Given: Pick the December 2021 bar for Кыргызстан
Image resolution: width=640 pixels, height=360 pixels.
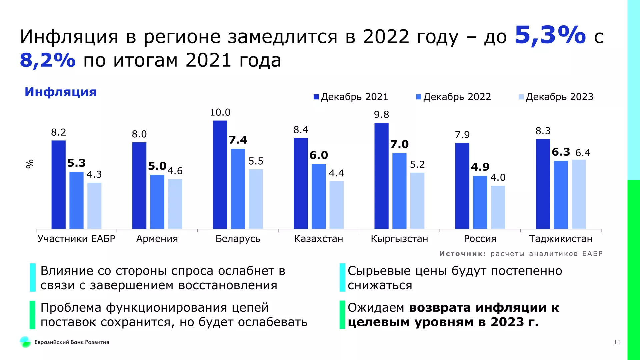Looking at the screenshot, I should coord(381,176).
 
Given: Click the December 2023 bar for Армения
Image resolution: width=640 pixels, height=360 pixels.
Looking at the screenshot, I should coord(175,204).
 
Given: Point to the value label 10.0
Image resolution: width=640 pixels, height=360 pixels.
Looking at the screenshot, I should coord(220,113).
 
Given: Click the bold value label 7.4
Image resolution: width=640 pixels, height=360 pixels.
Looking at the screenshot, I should coord(238,140).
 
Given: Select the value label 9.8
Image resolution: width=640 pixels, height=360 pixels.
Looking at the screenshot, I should coord(381,115).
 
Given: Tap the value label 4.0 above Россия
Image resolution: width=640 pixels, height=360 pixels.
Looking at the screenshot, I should coord(498,178).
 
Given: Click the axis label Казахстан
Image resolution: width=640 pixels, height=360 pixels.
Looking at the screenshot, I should coord(318,239).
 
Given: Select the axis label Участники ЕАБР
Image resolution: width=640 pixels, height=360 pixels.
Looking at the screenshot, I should coord(76,239).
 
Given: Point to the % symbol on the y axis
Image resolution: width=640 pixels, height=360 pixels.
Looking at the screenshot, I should coord(30,164).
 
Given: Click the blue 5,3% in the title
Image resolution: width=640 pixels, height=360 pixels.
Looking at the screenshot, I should coord(550,35).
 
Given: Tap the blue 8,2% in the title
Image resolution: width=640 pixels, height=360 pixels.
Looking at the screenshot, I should coord(48,60).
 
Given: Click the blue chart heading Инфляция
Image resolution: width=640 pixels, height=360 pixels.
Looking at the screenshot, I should coord(61,92).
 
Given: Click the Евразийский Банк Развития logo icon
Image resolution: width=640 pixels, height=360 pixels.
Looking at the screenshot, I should coord(25,342).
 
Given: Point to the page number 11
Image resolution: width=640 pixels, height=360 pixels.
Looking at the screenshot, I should coord(617,342).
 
